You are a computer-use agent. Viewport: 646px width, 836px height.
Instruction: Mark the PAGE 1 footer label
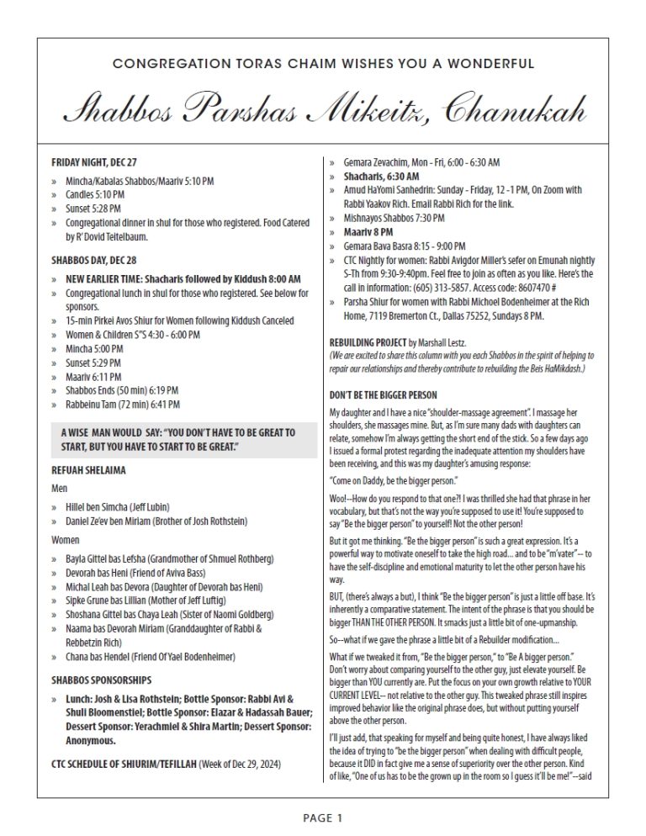click(322, 816)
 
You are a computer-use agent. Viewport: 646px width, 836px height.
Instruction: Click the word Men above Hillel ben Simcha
click(60, 487)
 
